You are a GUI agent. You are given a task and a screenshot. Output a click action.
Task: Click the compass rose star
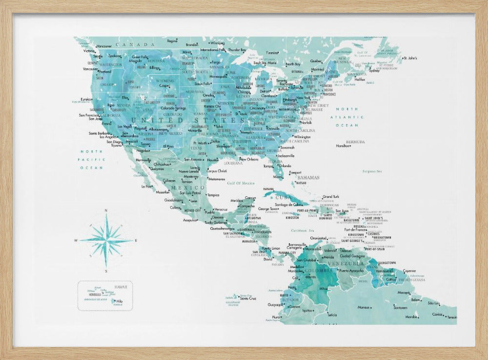(106, 240)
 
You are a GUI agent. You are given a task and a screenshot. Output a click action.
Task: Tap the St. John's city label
(411, 58)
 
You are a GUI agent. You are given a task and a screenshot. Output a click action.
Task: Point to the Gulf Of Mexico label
(241, 183)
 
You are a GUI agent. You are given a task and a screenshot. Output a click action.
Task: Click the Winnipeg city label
(217, 43)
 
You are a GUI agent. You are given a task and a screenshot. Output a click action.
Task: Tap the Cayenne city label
(409, 270)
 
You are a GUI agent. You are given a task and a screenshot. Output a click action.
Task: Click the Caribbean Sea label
(302, 230)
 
